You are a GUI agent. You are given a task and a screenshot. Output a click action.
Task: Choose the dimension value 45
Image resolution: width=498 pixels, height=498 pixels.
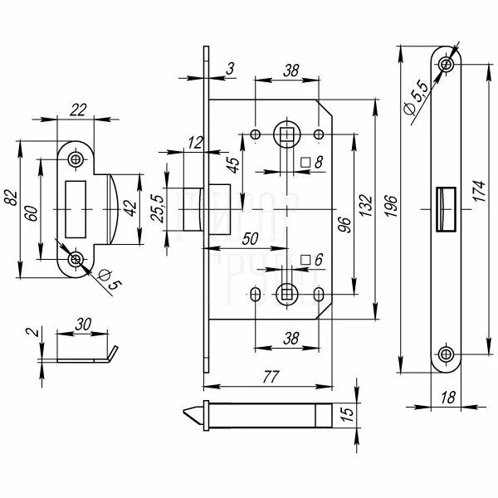pyautogui.click(x=235, y=167)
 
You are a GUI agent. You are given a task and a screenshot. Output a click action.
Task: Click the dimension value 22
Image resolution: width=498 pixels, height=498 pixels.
pyautogui.click(x=79, y=110)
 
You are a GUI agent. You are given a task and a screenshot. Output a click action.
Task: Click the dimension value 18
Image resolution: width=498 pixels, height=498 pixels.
pyautogui.click(x=447, y=399)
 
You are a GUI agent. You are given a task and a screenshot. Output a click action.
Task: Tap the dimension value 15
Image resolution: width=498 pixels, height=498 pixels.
pyautogui.click(x=349, y=413)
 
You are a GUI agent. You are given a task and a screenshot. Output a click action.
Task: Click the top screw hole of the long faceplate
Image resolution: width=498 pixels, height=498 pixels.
pyautogui.click(x=448, y=63)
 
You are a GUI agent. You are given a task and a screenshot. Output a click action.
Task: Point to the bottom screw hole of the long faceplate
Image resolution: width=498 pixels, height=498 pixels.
pyautogui.click(x=448, y=354)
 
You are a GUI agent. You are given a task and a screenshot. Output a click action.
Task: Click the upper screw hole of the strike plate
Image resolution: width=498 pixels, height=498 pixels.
pyautogui.click(x=76, y=159)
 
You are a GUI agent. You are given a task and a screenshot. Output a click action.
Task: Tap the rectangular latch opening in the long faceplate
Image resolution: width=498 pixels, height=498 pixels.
pyautogui.click(x=444, y=207)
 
